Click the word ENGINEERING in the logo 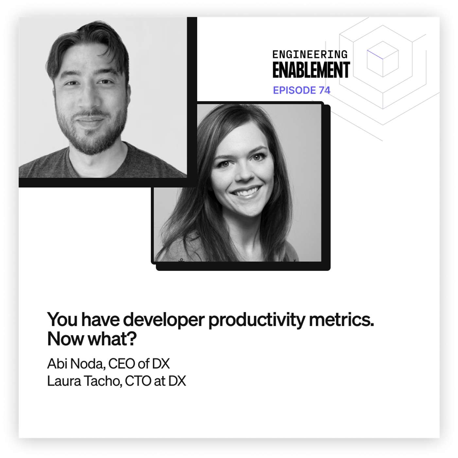(310, 54)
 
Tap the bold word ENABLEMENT (311, 70)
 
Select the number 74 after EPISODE (324, 90)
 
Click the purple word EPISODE (294, 90)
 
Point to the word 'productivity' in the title (256, 320)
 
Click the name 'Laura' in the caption (64, 381)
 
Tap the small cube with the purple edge (382, 59)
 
